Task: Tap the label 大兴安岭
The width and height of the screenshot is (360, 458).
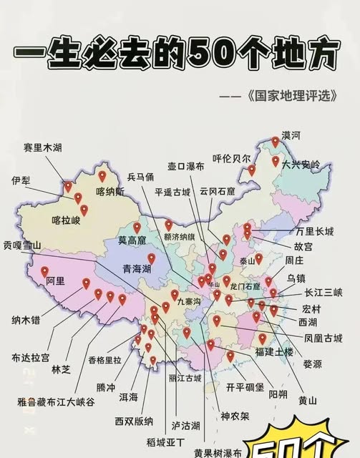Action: pyautogui.click(x=301, y=164)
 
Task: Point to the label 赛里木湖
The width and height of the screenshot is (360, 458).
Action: pyautogui.click(x=42, y=147)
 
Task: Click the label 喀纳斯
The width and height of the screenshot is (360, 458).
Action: pyautogui.click(x=110, y=191)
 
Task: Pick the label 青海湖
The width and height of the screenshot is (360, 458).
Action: pyautogui.click(x=136, y=269)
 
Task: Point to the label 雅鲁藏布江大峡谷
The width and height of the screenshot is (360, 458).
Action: pyautogui.click(x=50, y=401)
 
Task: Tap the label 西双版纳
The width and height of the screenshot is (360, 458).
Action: pyautogui.click(x=134, y=421)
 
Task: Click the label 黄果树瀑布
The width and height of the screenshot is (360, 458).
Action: pyautogui.click(x=218, y=452)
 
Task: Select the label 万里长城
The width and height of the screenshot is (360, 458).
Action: pyautogui.click(x=315, y=233)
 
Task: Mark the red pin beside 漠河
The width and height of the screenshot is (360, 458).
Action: pyautogui.click(x=275, y=142)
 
